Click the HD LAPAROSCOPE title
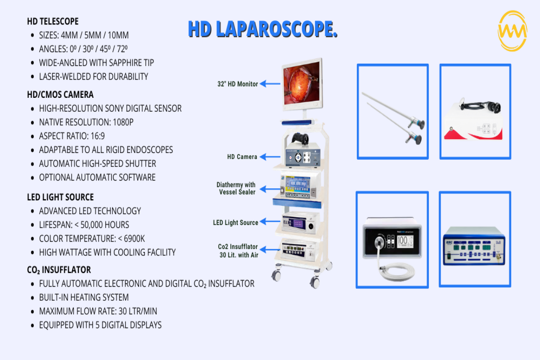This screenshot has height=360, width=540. pos(262,29)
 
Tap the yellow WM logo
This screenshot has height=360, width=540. pos(512,31)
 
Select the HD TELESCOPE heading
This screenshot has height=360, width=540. pos(53,21)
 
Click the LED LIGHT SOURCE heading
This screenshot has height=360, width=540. pos(60,197)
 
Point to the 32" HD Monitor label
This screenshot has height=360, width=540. pos(237,84)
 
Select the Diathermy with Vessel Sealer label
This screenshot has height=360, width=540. pos(236,188)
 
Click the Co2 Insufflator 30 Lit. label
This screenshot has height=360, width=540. pos(238,251)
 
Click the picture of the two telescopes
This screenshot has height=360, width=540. pos(393,112)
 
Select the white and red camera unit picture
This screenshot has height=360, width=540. pos(475,112)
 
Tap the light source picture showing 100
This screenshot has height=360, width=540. pos(392,239)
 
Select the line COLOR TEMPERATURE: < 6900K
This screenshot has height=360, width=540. pos(92,239)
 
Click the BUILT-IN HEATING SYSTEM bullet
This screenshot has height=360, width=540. pos(84,297)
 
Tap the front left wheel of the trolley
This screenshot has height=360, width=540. pos(276,276)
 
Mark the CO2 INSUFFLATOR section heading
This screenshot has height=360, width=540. pos(59,270)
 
